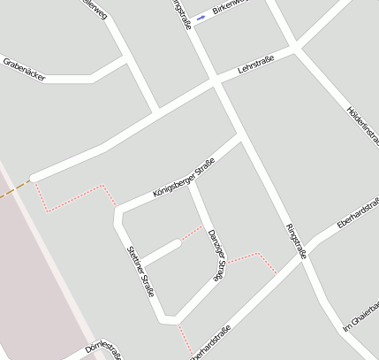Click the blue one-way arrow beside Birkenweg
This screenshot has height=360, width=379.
coord(201,17)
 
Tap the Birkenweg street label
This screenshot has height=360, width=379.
coord(232,7)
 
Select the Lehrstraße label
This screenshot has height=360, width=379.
coord(255,65)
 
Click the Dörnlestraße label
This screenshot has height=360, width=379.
coord(103,349)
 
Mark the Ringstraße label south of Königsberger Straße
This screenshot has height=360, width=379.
coord(297,241)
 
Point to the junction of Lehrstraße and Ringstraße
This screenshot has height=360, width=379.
coord(215,82)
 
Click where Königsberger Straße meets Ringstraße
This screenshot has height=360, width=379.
coord(240,137)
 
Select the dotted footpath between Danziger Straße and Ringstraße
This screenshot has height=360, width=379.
coord(254,257)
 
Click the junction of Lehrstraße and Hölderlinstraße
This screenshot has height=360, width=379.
coord(296,48)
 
